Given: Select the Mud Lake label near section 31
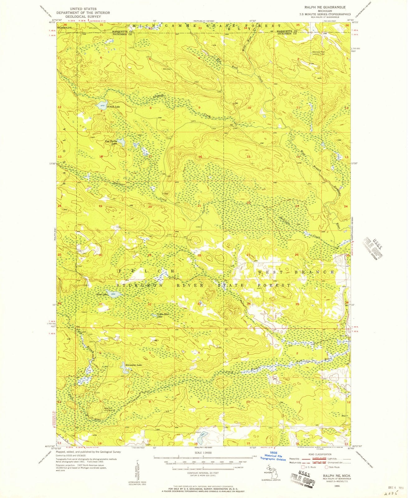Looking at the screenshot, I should [102, 294].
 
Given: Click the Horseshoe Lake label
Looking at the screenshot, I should [133, 365].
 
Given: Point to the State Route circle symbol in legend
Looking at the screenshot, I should [326, 467].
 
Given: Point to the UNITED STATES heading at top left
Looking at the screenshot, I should [83, 9].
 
